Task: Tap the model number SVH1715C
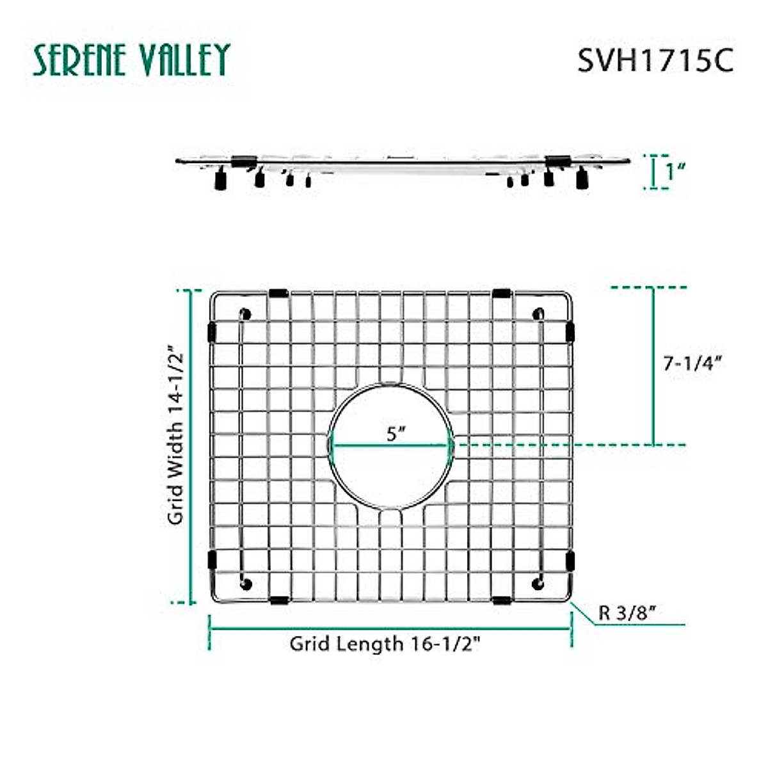tap(655, 61)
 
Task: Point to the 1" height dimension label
tap(675, 172)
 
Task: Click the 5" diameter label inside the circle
tap(396, 433)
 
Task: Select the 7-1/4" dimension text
tap(692, 363)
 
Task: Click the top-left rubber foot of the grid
tap(246, 314)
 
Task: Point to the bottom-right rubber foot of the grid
tap(538, 585)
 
